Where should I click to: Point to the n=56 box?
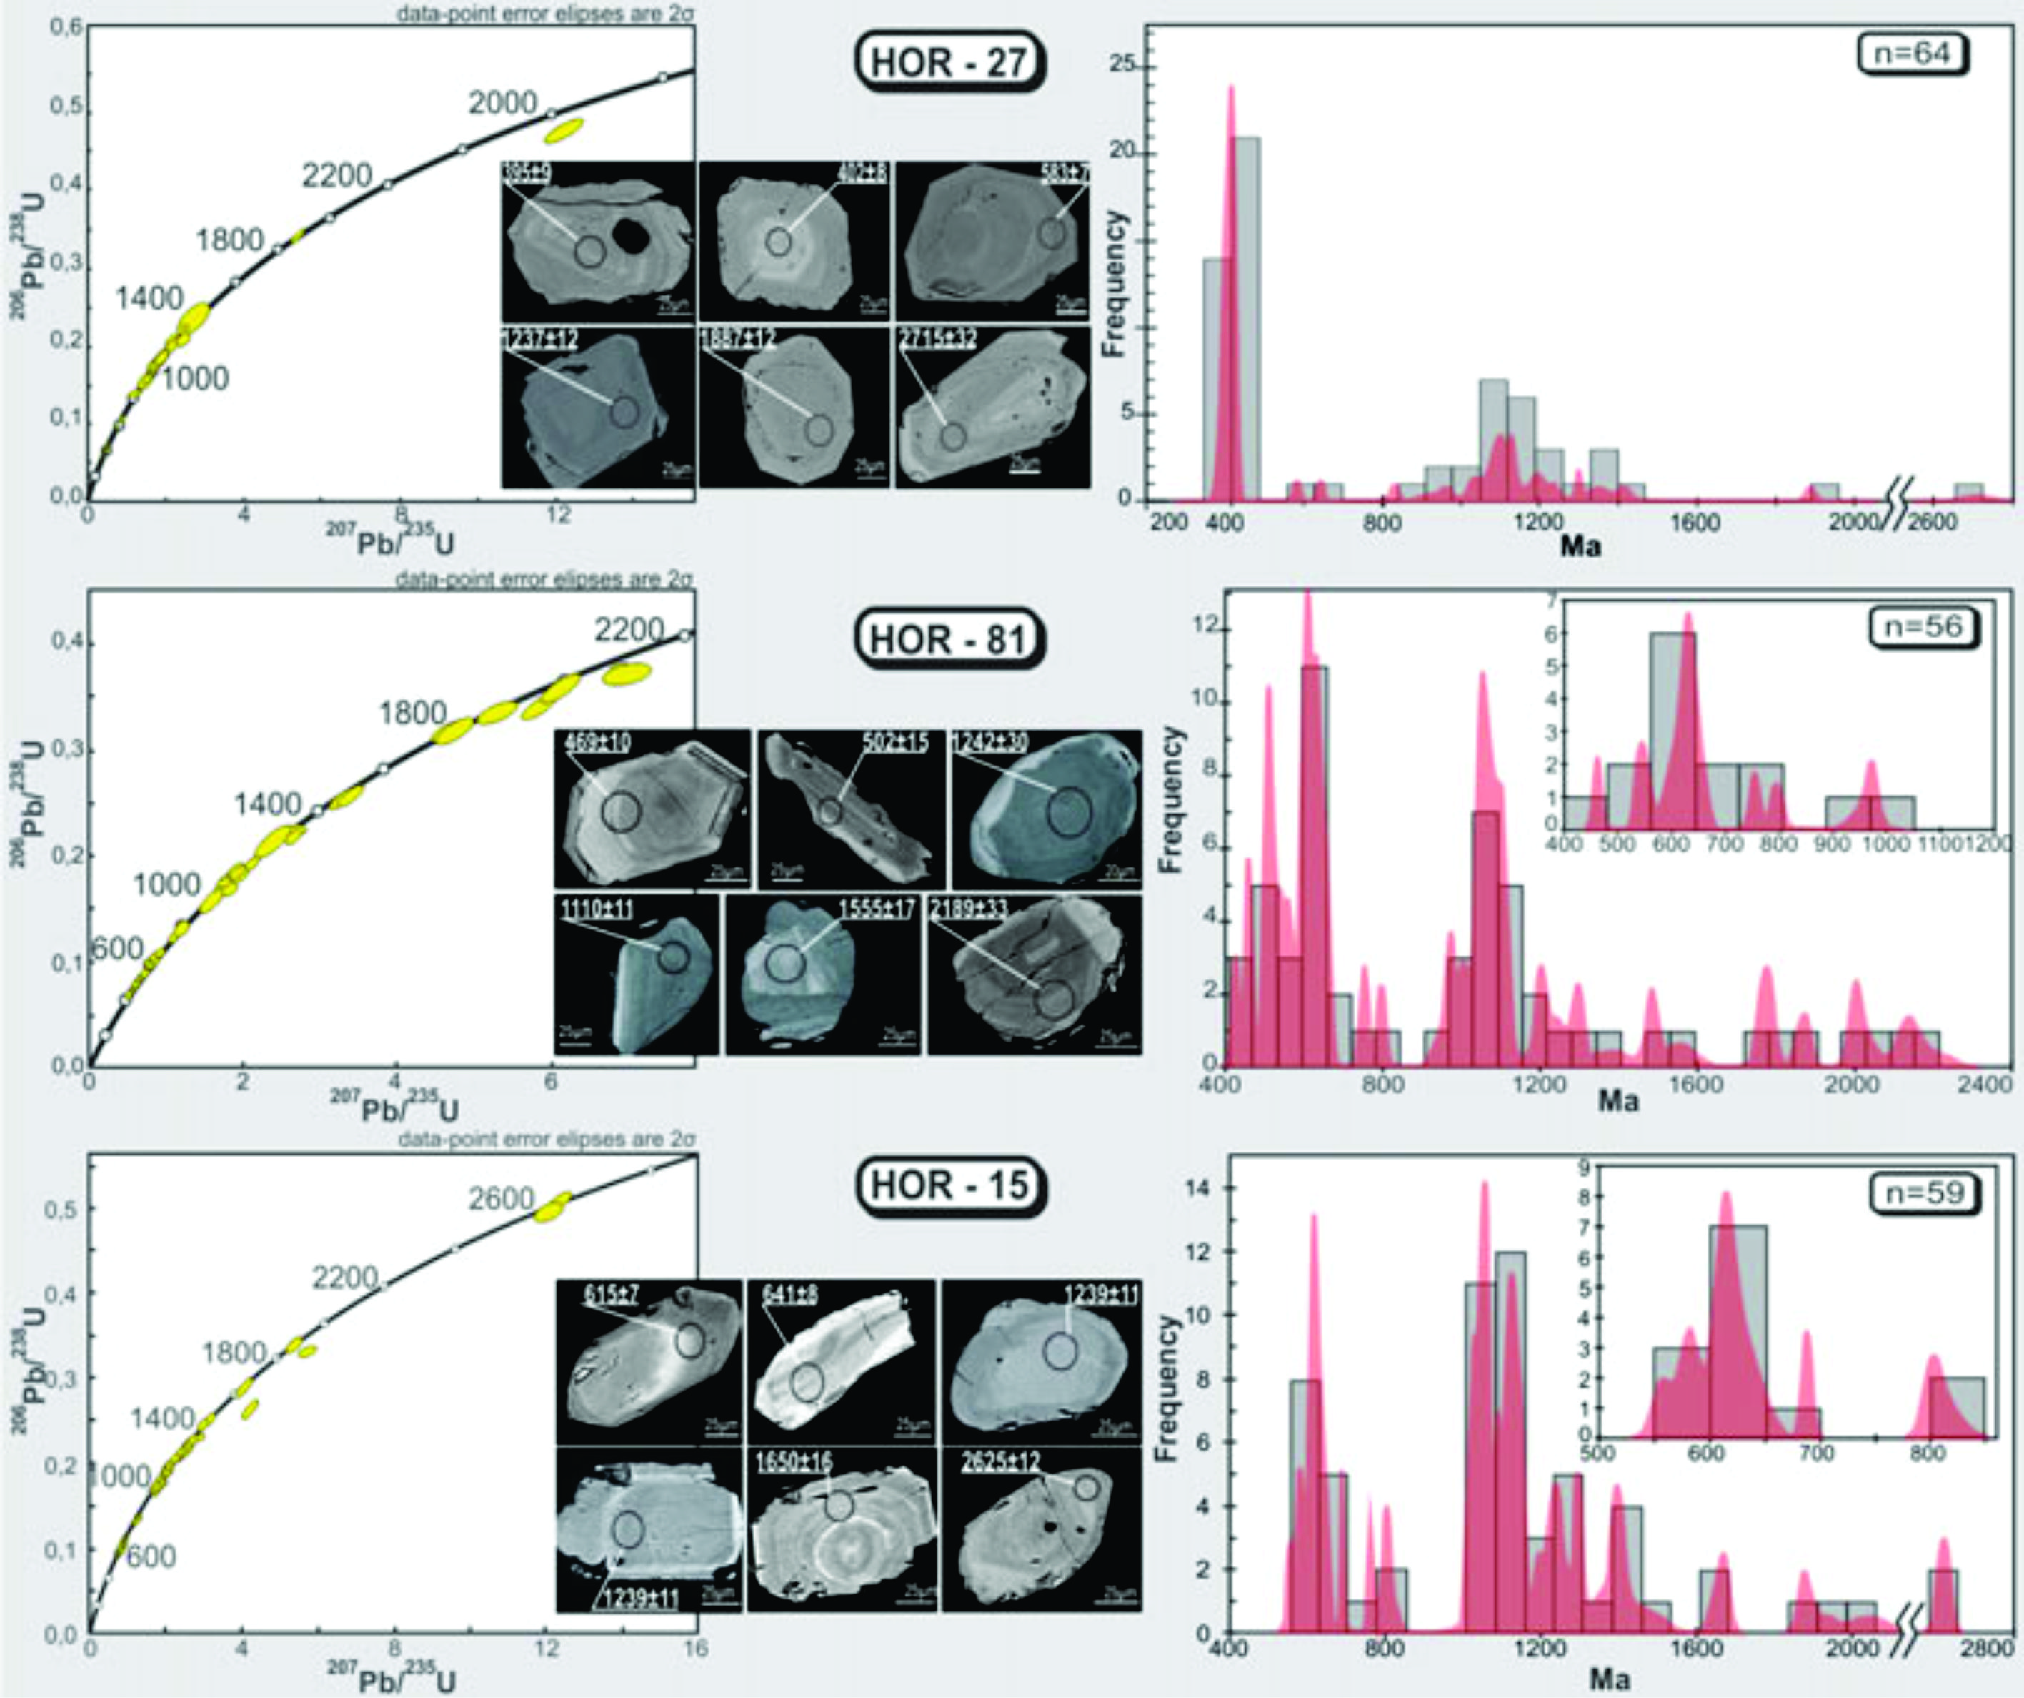(1923, 627)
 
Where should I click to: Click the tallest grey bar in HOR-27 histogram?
(1245, 318)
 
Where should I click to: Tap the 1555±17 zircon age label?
(875, 909)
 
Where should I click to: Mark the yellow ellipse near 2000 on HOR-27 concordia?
(565, 129)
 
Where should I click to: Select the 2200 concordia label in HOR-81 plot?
(629, 631)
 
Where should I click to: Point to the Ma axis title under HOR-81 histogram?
(1618, 1100)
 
